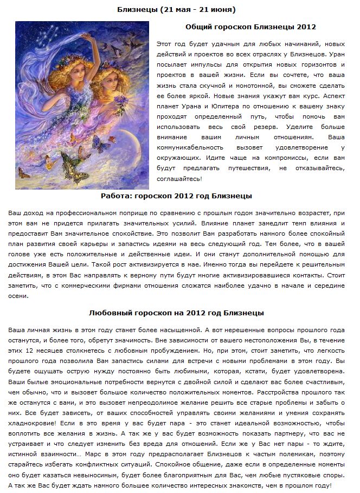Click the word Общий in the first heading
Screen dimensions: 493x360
[x=200, y=26]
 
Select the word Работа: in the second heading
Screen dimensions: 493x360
[x=117, y=196]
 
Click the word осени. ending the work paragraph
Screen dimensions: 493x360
[x=18, y=296]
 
